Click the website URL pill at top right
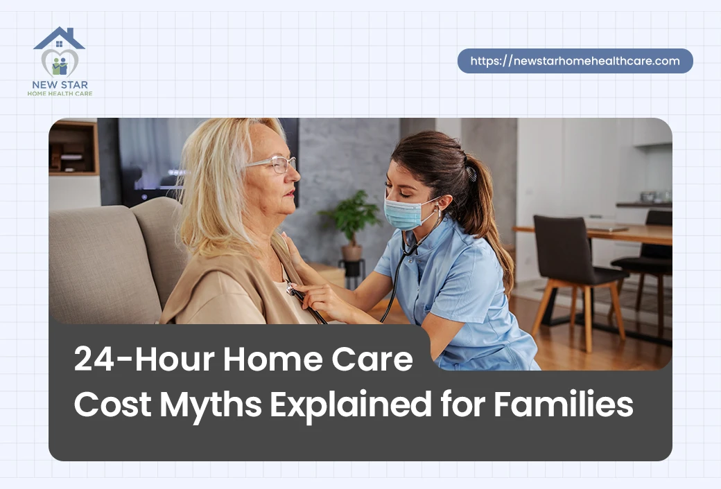pos(575,61)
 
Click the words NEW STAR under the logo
pos(60,85)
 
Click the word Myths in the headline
pos(211,404)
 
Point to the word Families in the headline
pos(563,404)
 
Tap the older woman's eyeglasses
pos(274,164)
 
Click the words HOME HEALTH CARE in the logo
pos(60,94)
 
